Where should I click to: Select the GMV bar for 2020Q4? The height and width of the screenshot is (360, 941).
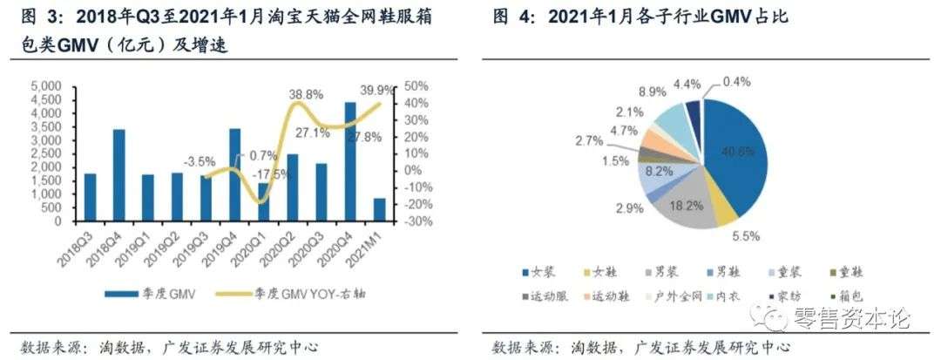pyautogui.click(x=350, y=161)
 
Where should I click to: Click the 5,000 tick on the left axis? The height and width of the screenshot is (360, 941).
pyautogui.click(x=46, y=86)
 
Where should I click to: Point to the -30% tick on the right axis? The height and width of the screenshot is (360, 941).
pyautogui.click(x=419, y=221)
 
